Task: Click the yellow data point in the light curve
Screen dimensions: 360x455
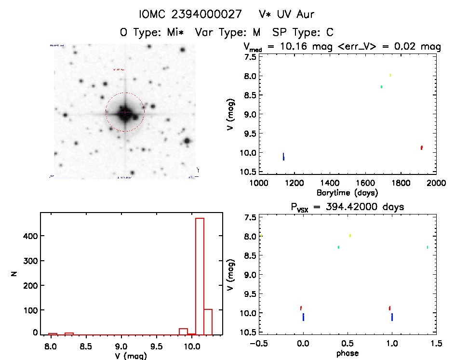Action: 390,75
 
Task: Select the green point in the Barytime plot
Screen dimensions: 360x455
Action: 381,87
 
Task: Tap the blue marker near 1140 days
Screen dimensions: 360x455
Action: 283,156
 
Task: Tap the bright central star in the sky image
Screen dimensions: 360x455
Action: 124,112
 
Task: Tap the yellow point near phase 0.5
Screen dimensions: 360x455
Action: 350,236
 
